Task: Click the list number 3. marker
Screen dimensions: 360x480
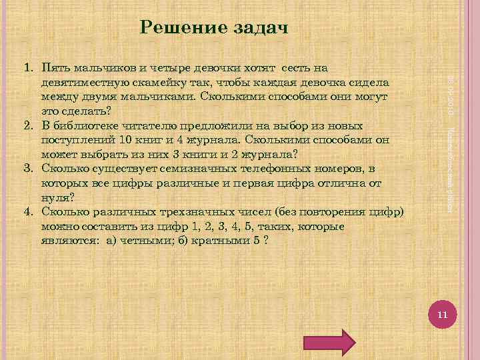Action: [x=29, y=169]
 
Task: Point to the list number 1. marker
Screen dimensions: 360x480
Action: [x=29, y=68]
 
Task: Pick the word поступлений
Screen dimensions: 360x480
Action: [x=77, y=139]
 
